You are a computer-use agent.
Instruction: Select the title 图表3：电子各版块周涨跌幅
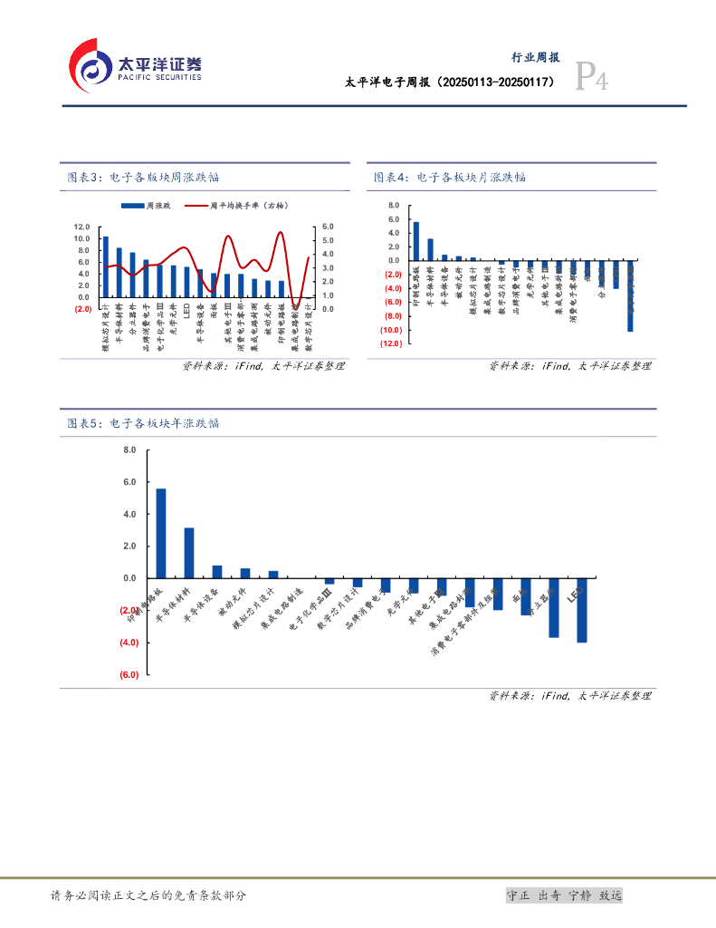click(x=144, y=178)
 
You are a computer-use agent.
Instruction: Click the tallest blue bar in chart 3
click(x=106, y=266)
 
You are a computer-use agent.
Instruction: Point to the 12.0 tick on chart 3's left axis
click(x=82, y=227)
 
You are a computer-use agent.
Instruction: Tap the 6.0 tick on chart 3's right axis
click(x=328, y=227)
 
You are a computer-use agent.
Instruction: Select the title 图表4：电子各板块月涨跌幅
click(x=450, y=178)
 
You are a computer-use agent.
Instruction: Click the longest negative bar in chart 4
click(x=630, y=297)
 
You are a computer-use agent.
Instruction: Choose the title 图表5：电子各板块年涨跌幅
click(x=144, y=423)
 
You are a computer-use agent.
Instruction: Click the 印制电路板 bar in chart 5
click(x=161, y=533)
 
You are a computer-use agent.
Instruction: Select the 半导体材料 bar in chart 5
click(x=189, y=553)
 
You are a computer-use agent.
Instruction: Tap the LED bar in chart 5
click(x=582, y=610)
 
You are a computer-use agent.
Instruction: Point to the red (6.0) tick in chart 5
click(x=128, y=675)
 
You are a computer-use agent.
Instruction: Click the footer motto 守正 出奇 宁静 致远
click(x=564, y=895)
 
